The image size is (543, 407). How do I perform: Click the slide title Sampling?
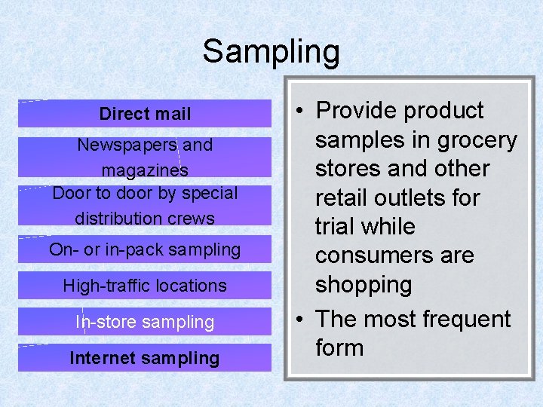271,52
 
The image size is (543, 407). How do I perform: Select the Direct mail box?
145,114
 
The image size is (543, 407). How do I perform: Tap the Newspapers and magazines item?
145,157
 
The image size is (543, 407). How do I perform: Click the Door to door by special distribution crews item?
145,206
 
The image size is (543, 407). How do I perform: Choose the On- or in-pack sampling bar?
145,249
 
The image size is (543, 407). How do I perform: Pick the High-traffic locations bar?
145,286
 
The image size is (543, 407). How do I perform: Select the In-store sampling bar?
145,322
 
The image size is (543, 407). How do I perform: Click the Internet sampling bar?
145,358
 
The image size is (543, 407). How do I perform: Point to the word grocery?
473,140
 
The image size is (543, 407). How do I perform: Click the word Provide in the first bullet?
356,111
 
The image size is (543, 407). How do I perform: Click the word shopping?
364,285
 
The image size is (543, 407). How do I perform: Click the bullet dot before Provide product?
300,112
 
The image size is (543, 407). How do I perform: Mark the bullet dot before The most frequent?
300,320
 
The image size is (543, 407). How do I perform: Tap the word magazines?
145,170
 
